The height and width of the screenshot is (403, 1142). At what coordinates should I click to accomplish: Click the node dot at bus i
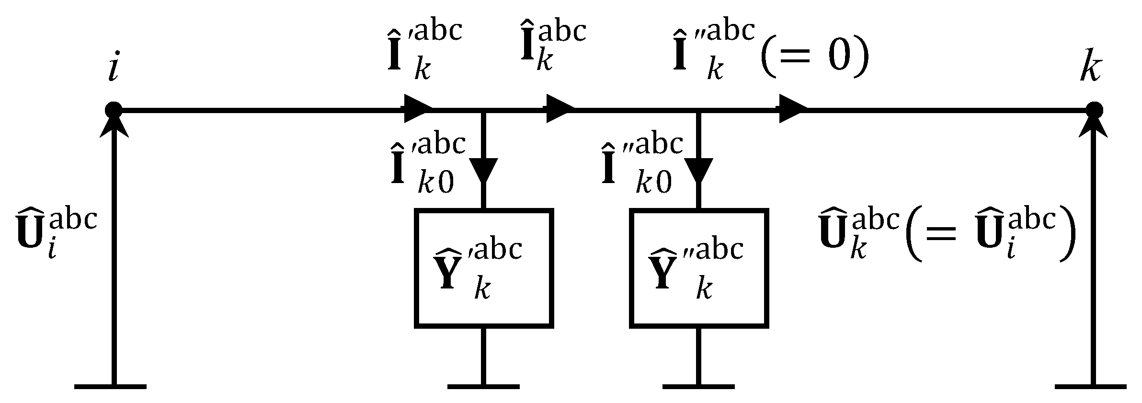[x=114, y=110]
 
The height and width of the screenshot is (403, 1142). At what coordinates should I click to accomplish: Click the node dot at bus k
[x=1093, y=110]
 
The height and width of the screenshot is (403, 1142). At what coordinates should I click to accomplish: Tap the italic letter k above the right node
[x=1091, y=70]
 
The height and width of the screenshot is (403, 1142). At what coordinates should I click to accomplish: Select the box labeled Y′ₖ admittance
[x=484, y=268]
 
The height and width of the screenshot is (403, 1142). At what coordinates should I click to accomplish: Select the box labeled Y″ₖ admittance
[x=698, y=268]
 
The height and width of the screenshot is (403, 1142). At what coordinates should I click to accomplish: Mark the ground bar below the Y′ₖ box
[x=484, y=386]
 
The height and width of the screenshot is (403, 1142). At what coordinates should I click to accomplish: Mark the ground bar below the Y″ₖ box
[x=698, y=386]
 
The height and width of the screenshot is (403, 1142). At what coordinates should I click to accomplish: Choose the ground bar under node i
[x=111, y=386]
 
